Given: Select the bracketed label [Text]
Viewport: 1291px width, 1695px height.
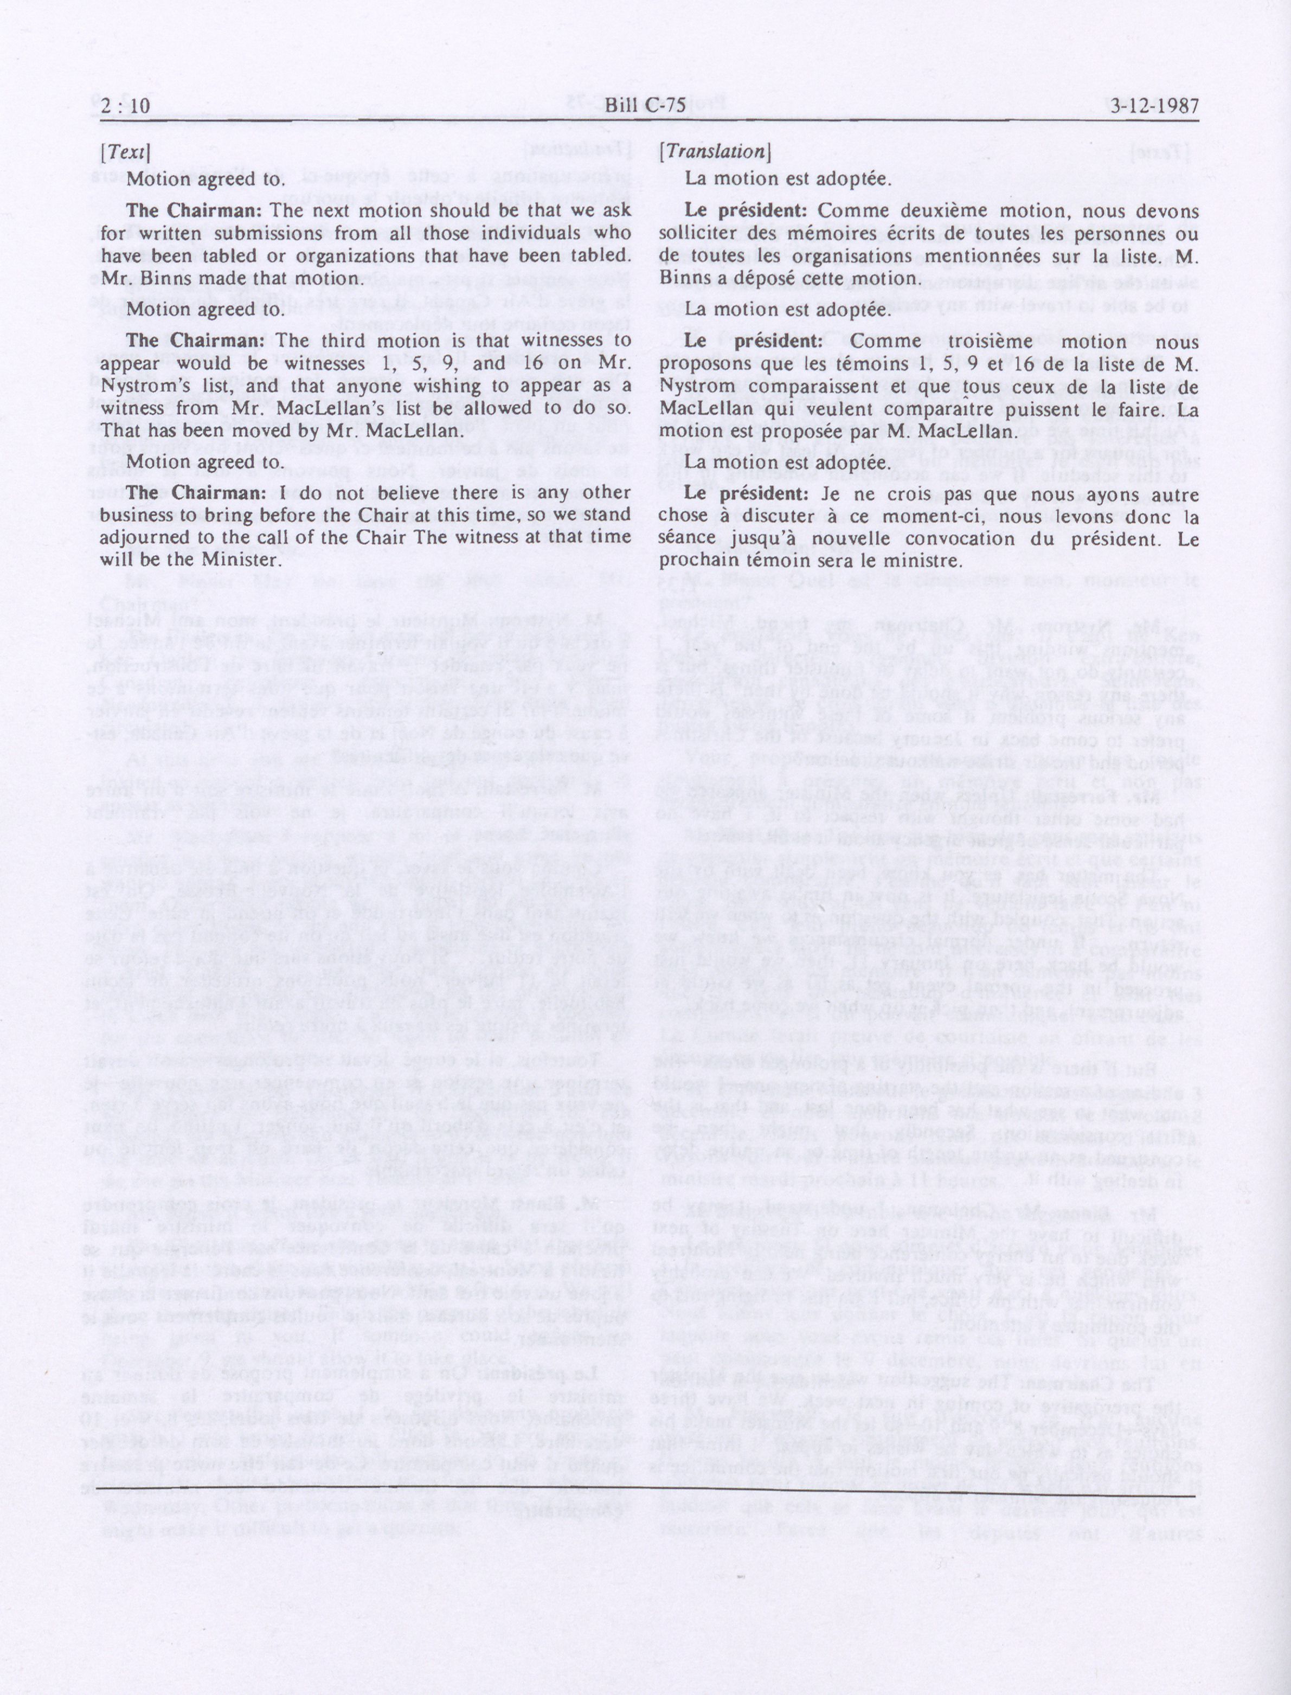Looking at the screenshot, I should point(125,152).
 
